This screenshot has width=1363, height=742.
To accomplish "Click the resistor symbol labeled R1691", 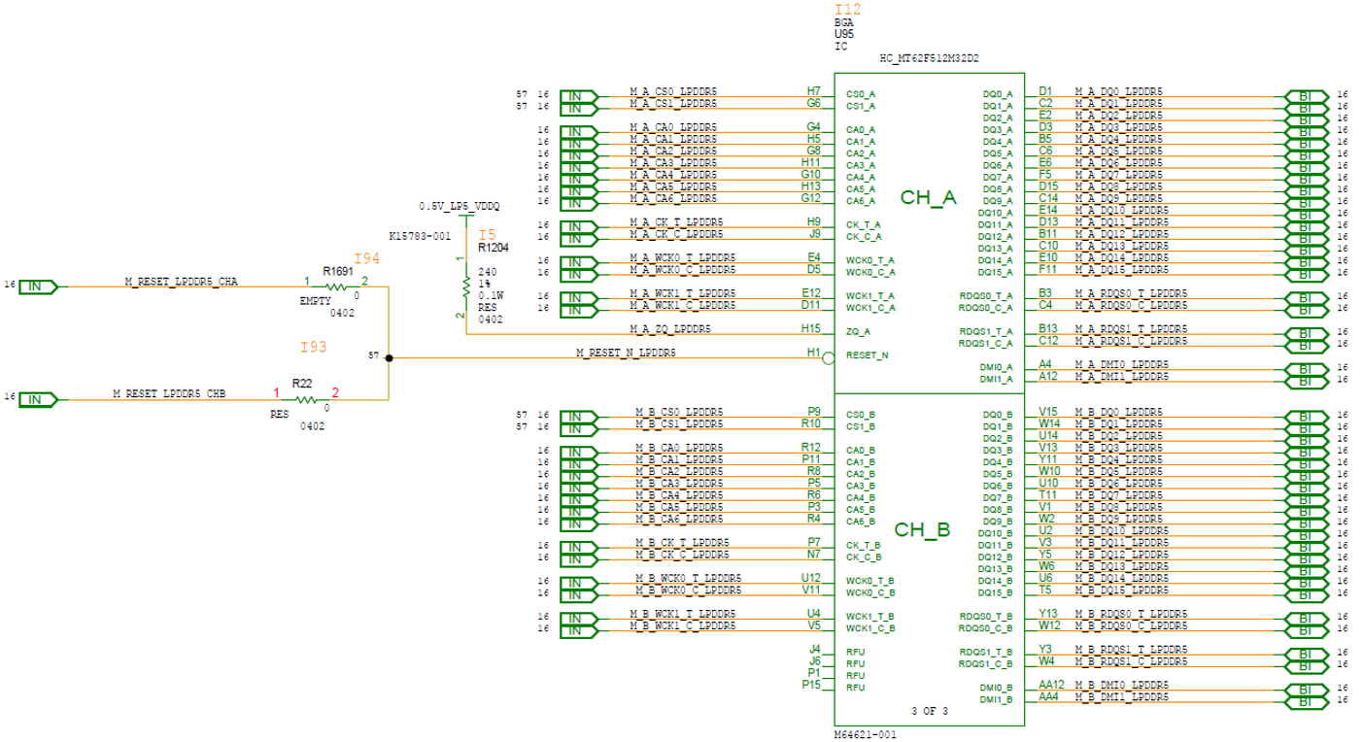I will [x=336, y=287].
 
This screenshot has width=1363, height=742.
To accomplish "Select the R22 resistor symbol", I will [x=305, y=399].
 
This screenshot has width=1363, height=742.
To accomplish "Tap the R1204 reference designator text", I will [x=493, y=249].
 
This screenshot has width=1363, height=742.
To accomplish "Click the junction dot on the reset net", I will [x=389, y=357].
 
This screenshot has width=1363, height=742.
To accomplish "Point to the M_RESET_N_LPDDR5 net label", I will [x=626, y=353].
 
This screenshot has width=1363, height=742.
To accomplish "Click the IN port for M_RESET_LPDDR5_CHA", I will [x=38, y=287].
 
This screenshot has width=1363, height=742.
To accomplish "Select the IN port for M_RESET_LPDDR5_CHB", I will [x=38, y=399].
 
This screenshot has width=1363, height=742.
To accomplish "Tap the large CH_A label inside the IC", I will [x=928, y=198].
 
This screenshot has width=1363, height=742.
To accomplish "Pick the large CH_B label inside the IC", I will [x=921, y=530].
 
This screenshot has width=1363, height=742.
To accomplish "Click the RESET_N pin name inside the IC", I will [x=867, y=356].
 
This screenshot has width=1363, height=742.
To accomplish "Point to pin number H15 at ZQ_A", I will [x=810, y=329].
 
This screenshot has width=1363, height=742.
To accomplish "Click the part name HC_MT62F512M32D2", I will [x=928, y=58].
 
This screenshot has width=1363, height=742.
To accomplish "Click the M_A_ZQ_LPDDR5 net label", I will [x=669, y=329].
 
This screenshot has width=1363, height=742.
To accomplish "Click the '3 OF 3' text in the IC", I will [x=929, y=711].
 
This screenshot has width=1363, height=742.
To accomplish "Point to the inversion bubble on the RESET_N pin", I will [x=828, y=357].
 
